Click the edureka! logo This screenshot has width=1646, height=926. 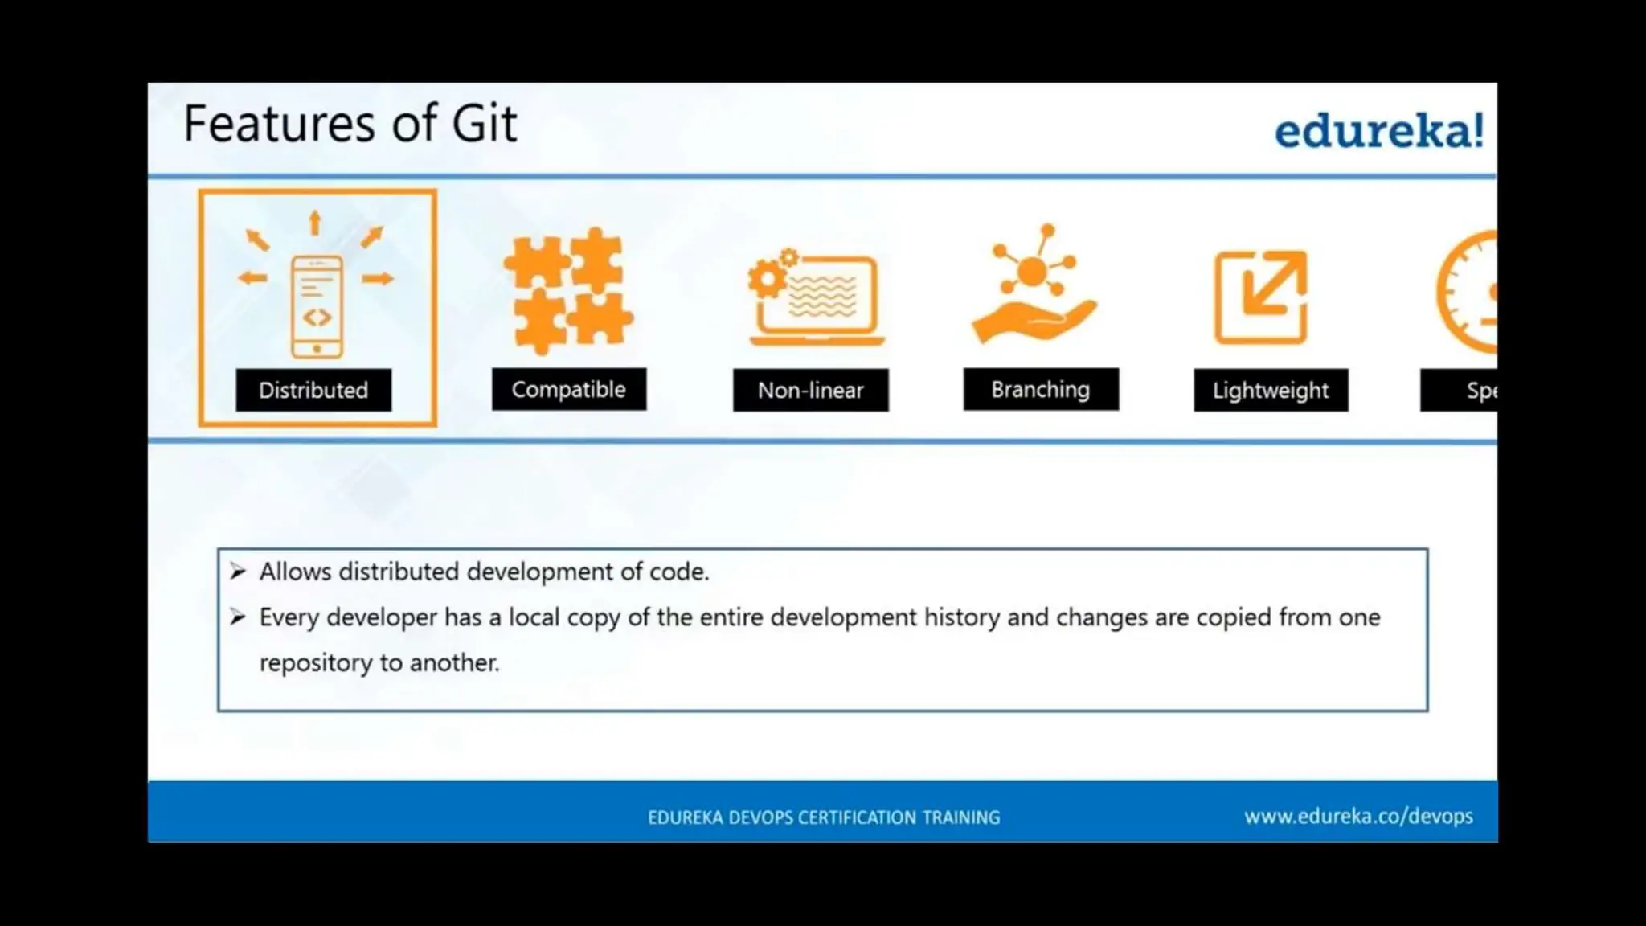click(x=1378, y=131)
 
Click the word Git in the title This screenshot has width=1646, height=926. click(x=484, y=124)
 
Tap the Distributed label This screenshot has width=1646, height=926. click(x=313, y=391)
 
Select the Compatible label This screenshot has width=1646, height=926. click(x=568, y=390)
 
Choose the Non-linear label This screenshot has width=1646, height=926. click(x=810, y=391)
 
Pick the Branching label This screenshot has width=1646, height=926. click(x=1040, y=390)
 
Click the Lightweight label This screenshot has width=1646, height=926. click(x=1270, y=391)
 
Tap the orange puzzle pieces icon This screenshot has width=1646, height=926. click(x=568, y=291)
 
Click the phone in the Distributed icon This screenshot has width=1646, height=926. click(x=317, y=307)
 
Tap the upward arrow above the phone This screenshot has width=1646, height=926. click(x=315, y=222)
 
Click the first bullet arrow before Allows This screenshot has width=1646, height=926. click(x=237, y=572)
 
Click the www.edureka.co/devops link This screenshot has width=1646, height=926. click(x=1358, y=817)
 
